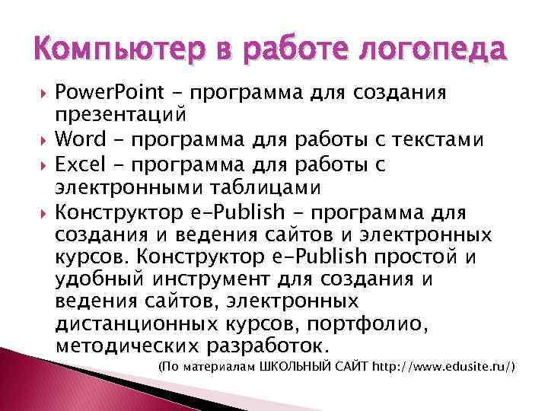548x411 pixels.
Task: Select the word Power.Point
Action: pos(107,95)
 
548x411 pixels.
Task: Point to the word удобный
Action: pos(103,280)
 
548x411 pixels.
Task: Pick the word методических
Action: pos(127,347)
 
